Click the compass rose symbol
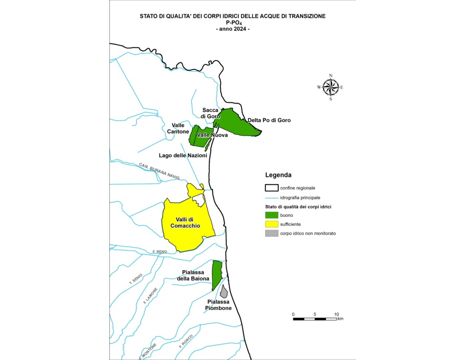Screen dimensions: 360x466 (330, 87)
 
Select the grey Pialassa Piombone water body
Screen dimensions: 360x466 (224, 291)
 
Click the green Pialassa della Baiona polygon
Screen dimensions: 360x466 (216, 274)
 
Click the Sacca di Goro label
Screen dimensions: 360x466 (210, 113)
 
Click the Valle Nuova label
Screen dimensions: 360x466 (212, 135)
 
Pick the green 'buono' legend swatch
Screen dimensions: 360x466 (272, 215)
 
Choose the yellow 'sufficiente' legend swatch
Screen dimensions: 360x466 (272, 224)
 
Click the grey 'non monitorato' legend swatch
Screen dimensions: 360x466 (272, 233)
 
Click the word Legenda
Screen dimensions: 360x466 (278, 175)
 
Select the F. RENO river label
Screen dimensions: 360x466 (159, 252)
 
